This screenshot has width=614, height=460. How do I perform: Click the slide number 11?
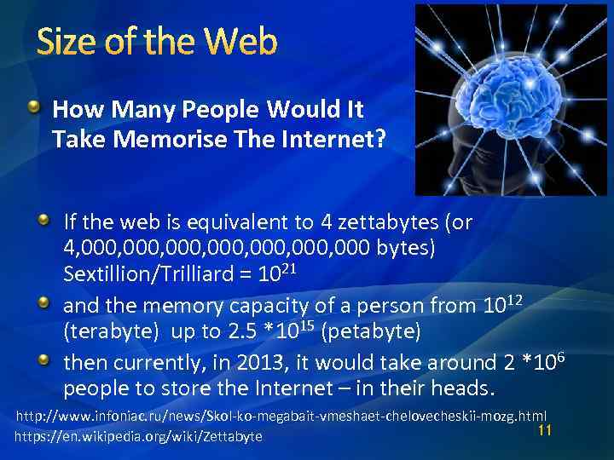point(545,430)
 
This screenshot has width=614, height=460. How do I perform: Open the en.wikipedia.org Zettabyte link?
point(139,437)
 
